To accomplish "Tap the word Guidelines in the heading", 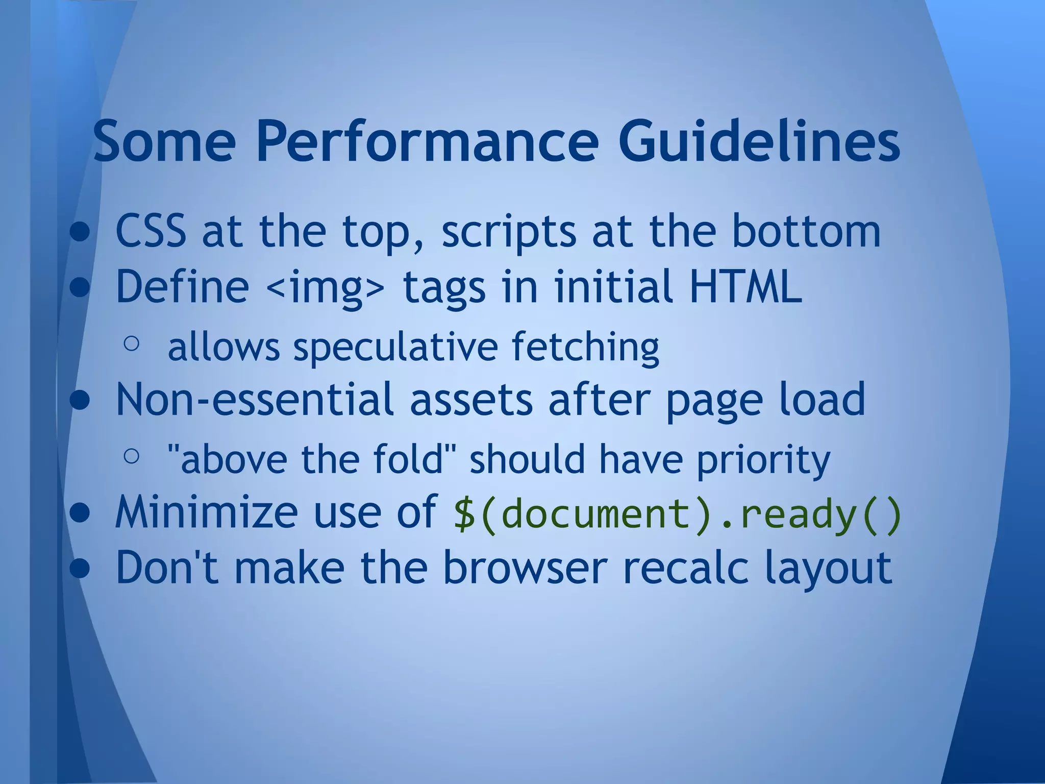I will pyautogui.click(x=759, y=141).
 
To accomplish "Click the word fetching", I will pyautogui.click(x=585, y=347).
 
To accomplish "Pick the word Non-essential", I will pyautogui.click(x=255, y=399).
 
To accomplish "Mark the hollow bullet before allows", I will pyautogui.click(x=131, y=344).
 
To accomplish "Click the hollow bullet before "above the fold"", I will pyautogui.click(x=131, y=456).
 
